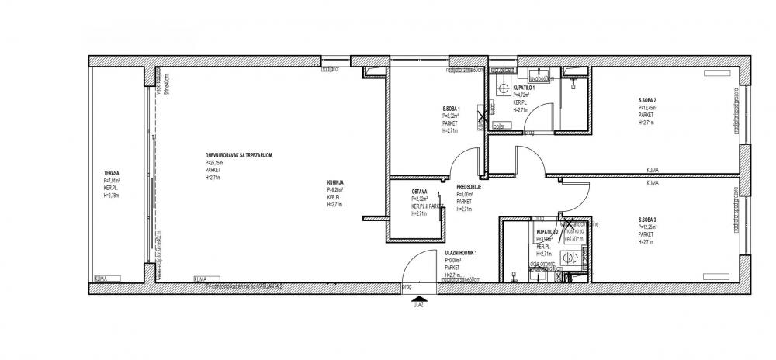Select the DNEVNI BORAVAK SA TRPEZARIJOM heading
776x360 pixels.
233,156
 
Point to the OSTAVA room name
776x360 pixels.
420,192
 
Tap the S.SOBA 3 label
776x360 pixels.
647,221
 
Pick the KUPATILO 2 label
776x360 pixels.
547,232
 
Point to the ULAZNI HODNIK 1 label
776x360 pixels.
461,254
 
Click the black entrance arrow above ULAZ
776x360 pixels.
420,298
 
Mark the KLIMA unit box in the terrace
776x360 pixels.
101,277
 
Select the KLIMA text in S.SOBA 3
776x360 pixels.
653,184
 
